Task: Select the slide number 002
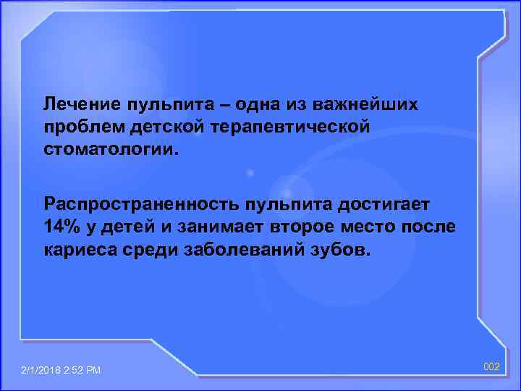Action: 491,367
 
